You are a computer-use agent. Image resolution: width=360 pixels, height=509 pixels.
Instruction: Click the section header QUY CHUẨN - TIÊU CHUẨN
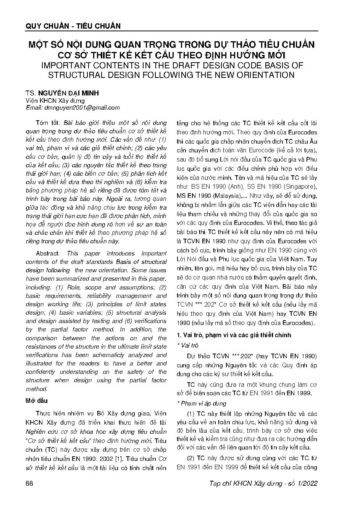73,26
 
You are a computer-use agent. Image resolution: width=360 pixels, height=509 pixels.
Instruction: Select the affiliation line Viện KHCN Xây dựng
55,100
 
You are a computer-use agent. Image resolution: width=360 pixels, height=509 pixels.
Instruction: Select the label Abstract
47,254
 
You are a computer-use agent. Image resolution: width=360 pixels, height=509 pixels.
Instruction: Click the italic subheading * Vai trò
189,345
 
